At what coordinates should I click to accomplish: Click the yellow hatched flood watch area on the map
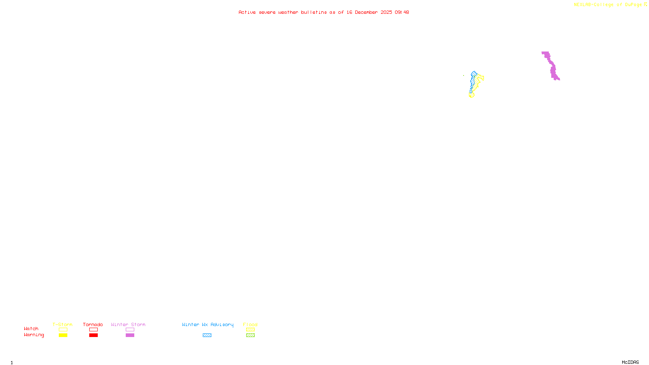tap(479, 78)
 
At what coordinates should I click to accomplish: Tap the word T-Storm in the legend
tap(62, 324)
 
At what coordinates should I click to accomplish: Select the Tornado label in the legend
tap(93, 324)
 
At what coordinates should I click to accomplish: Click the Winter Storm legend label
tap(128, 324)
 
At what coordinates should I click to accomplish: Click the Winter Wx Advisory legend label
tap(208, 324)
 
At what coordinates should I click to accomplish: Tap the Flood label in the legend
tap(250, 324)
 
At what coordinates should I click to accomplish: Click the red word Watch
tap(31, 328)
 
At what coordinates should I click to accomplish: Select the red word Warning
tap(34, 335)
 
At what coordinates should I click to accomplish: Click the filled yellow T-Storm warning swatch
tap(63, 335)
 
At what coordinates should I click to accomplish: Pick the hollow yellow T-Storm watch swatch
tap(63, 330)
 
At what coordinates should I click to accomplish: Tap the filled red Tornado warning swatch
tap(93, 335)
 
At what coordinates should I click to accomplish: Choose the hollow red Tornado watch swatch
tap(93, 330)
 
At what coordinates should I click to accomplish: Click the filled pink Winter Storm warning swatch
tap(130, 335)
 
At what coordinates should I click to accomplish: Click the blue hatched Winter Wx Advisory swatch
tap(207, 335)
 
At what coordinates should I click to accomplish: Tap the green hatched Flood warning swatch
tap(250, 335)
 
